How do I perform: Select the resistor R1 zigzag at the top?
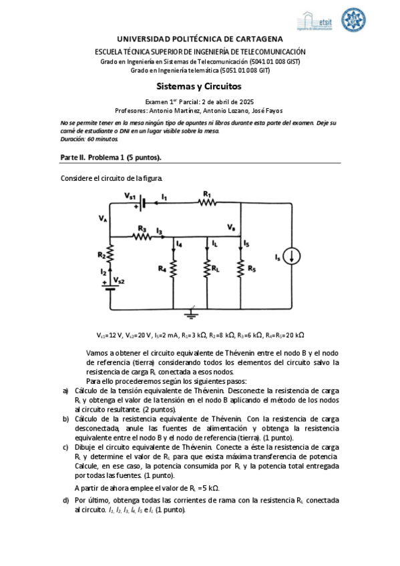(x=206, y=203)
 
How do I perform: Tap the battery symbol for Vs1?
(x=141, y=203)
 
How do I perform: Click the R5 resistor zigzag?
(x=240, y=269)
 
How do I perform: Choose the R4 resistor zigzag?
(x=172, y=269)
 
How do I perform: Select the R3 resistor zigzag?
(x=141, y=236)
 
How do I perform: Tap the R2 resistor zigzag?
(x=111, y=254)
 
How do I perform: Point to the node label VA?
(x=102, y=218)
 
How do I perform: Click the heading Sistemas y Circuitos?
(x=198, y=86)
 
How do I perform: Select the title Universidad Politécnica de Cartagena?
(x=200, y=39)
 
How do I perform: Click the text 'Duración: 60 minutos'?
(x=83, y=138)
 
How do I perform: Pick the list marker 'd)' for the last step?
(x=65, y=500)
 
